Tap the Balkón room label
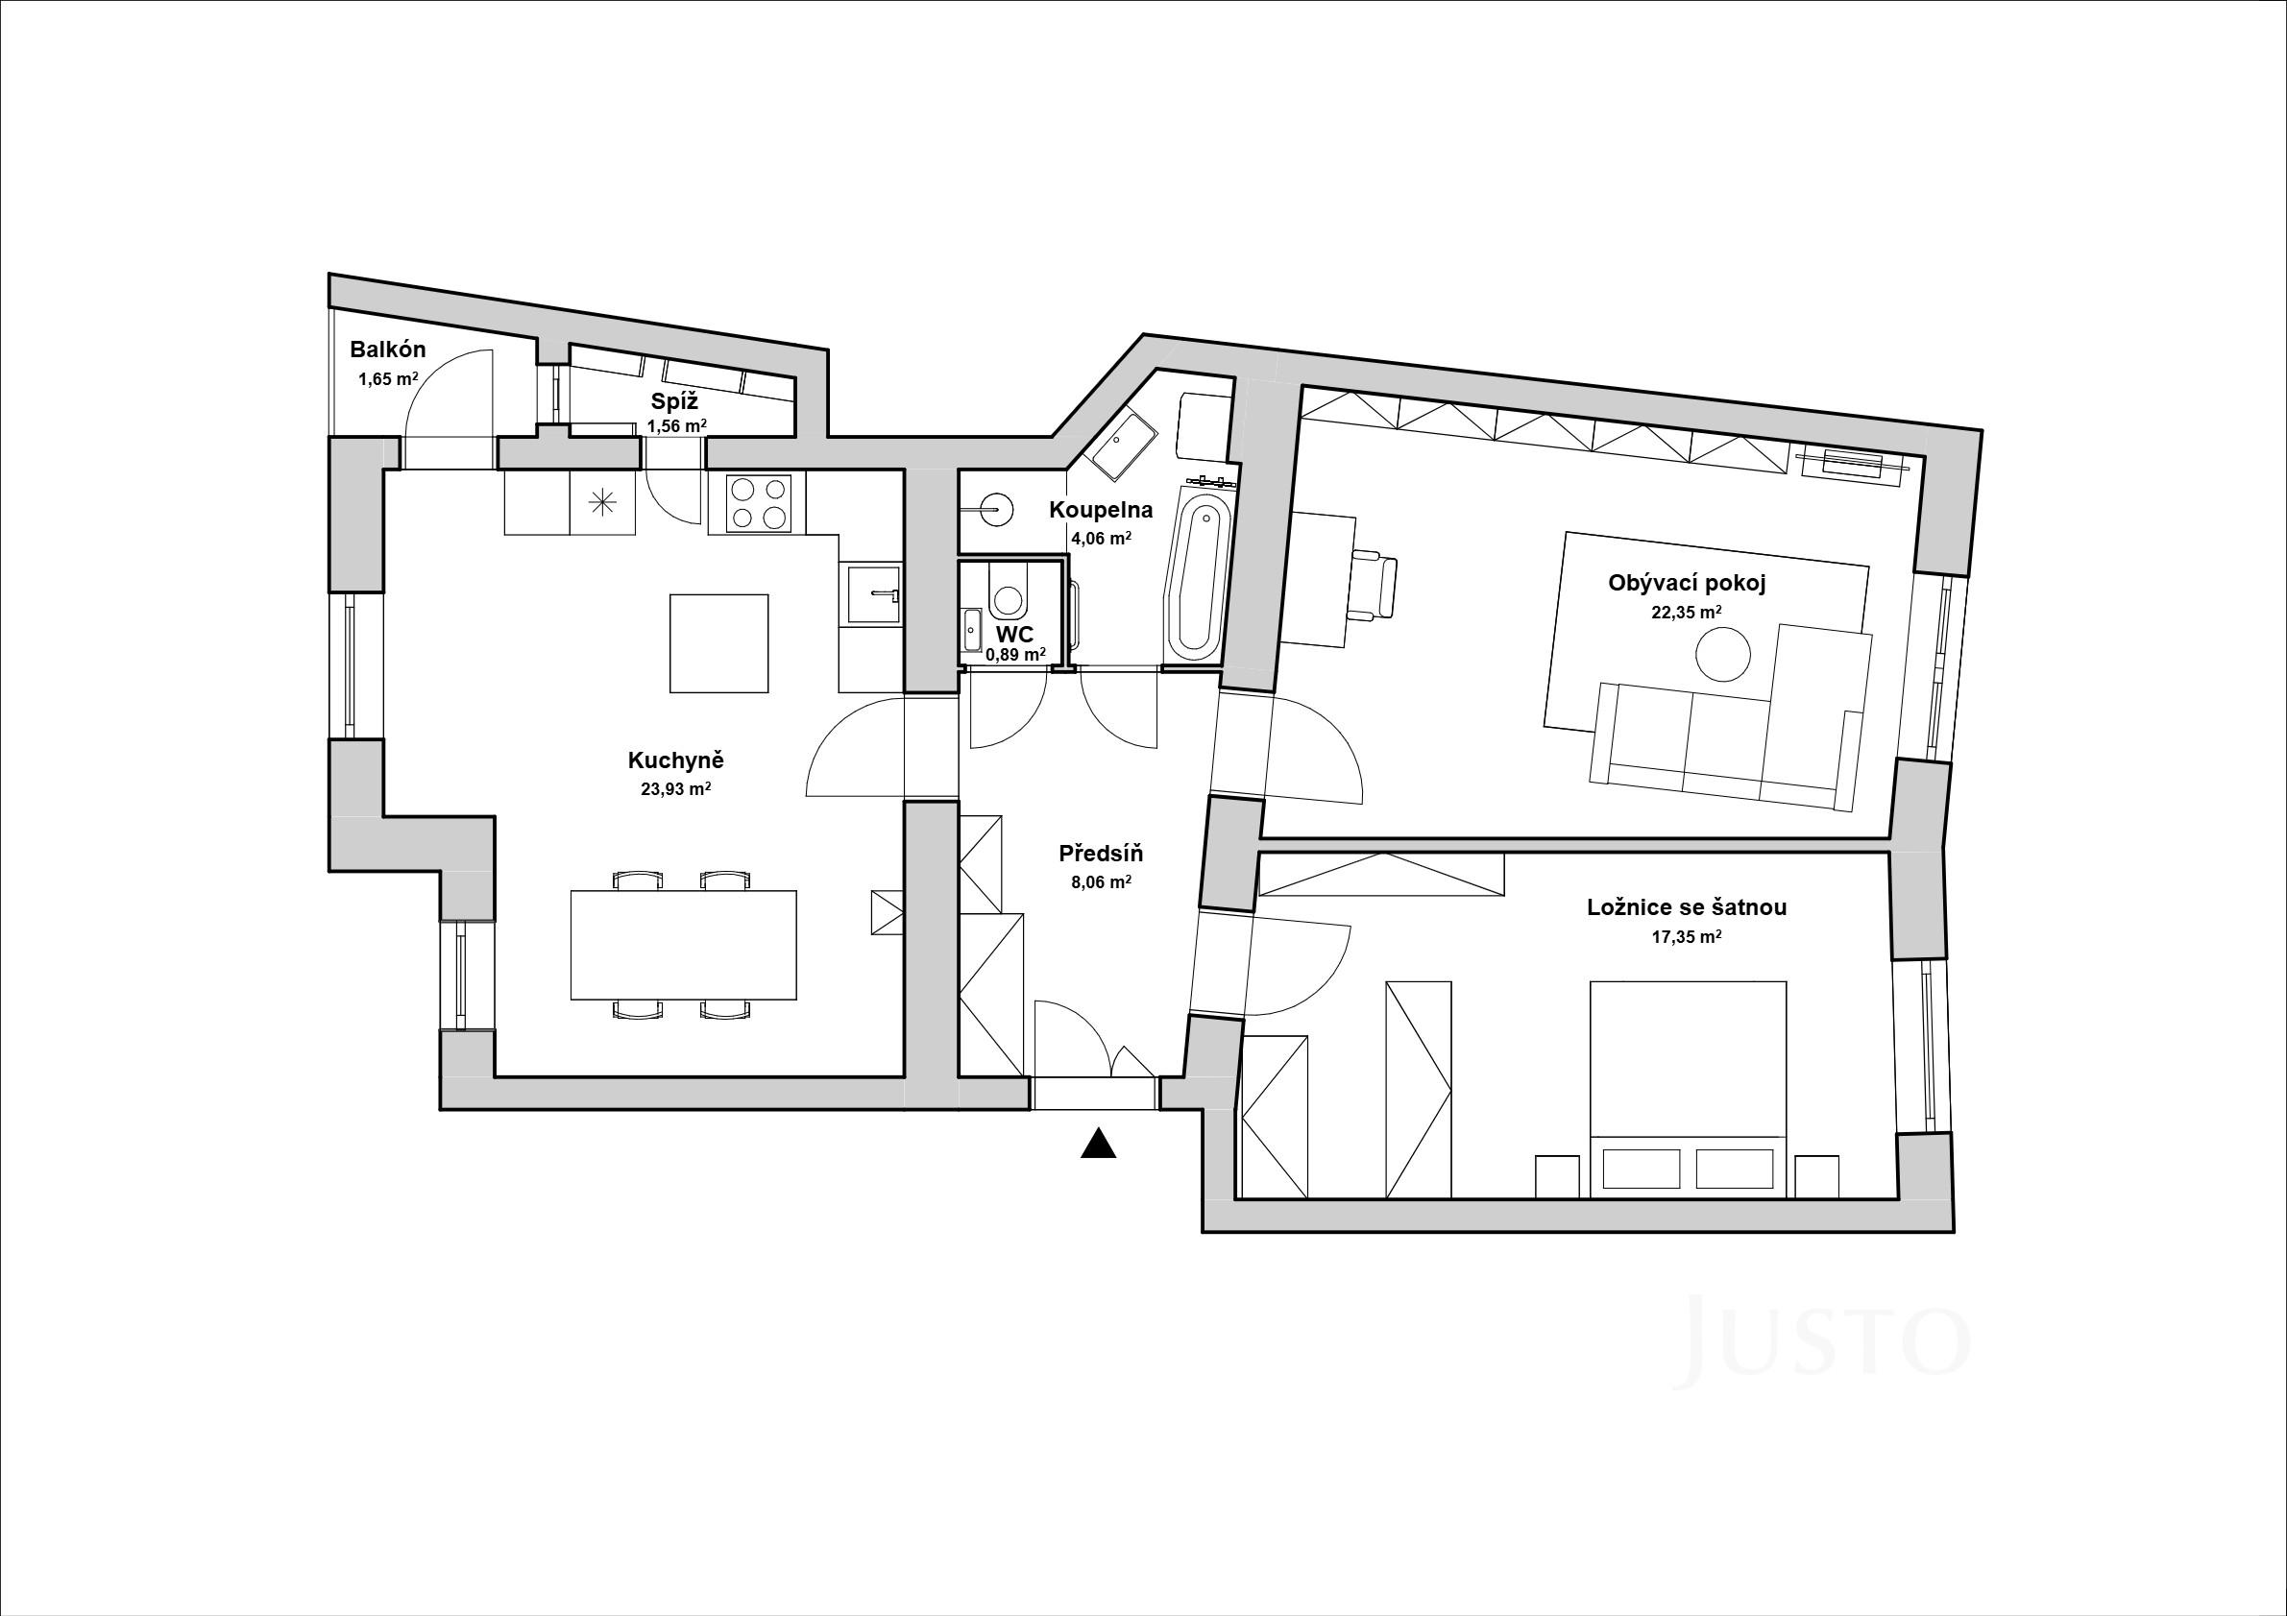click(387, 350)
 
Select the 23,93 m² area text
click(675, 788)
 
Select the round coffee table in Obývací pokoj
click(1723, 653)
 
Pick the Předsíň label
click(1101, 854)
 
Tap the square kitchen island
click(719, 643)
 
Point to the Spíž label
click(675, 402)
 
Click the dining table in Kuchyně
click(683, 945)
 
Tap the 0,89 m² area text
click(1016, 654)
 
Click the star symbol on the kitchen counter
click(602, 503)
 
